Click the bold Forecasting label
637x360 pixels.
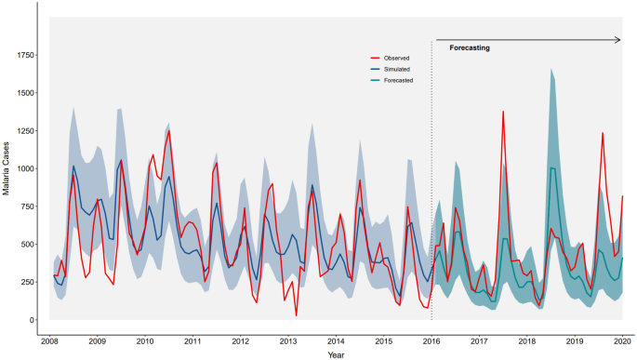click(x=470, y=47)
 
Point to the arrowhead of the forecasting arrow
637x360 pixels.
click(x=617, y=40)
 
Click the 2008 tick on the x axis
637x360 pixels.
click(x=53, y=342)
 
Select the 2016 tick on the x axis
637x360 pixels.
click(x=432, y=342)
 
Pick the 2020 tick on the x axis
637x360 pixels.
click(x=621, y=342)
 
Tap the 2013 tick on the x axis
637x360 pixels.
click(x=290, y=342)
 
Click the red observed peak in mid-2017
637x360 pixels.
click(x=503, y=112)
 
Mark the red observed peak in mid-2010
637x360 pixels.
click(x=168, y=130)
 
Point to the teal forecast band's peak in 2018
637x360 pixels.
click(x=551, y=69)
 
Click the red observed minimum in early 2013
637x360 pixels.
click(x=297, y=315)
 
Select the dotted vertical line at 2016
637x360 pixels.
click(x=432, y=186)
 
